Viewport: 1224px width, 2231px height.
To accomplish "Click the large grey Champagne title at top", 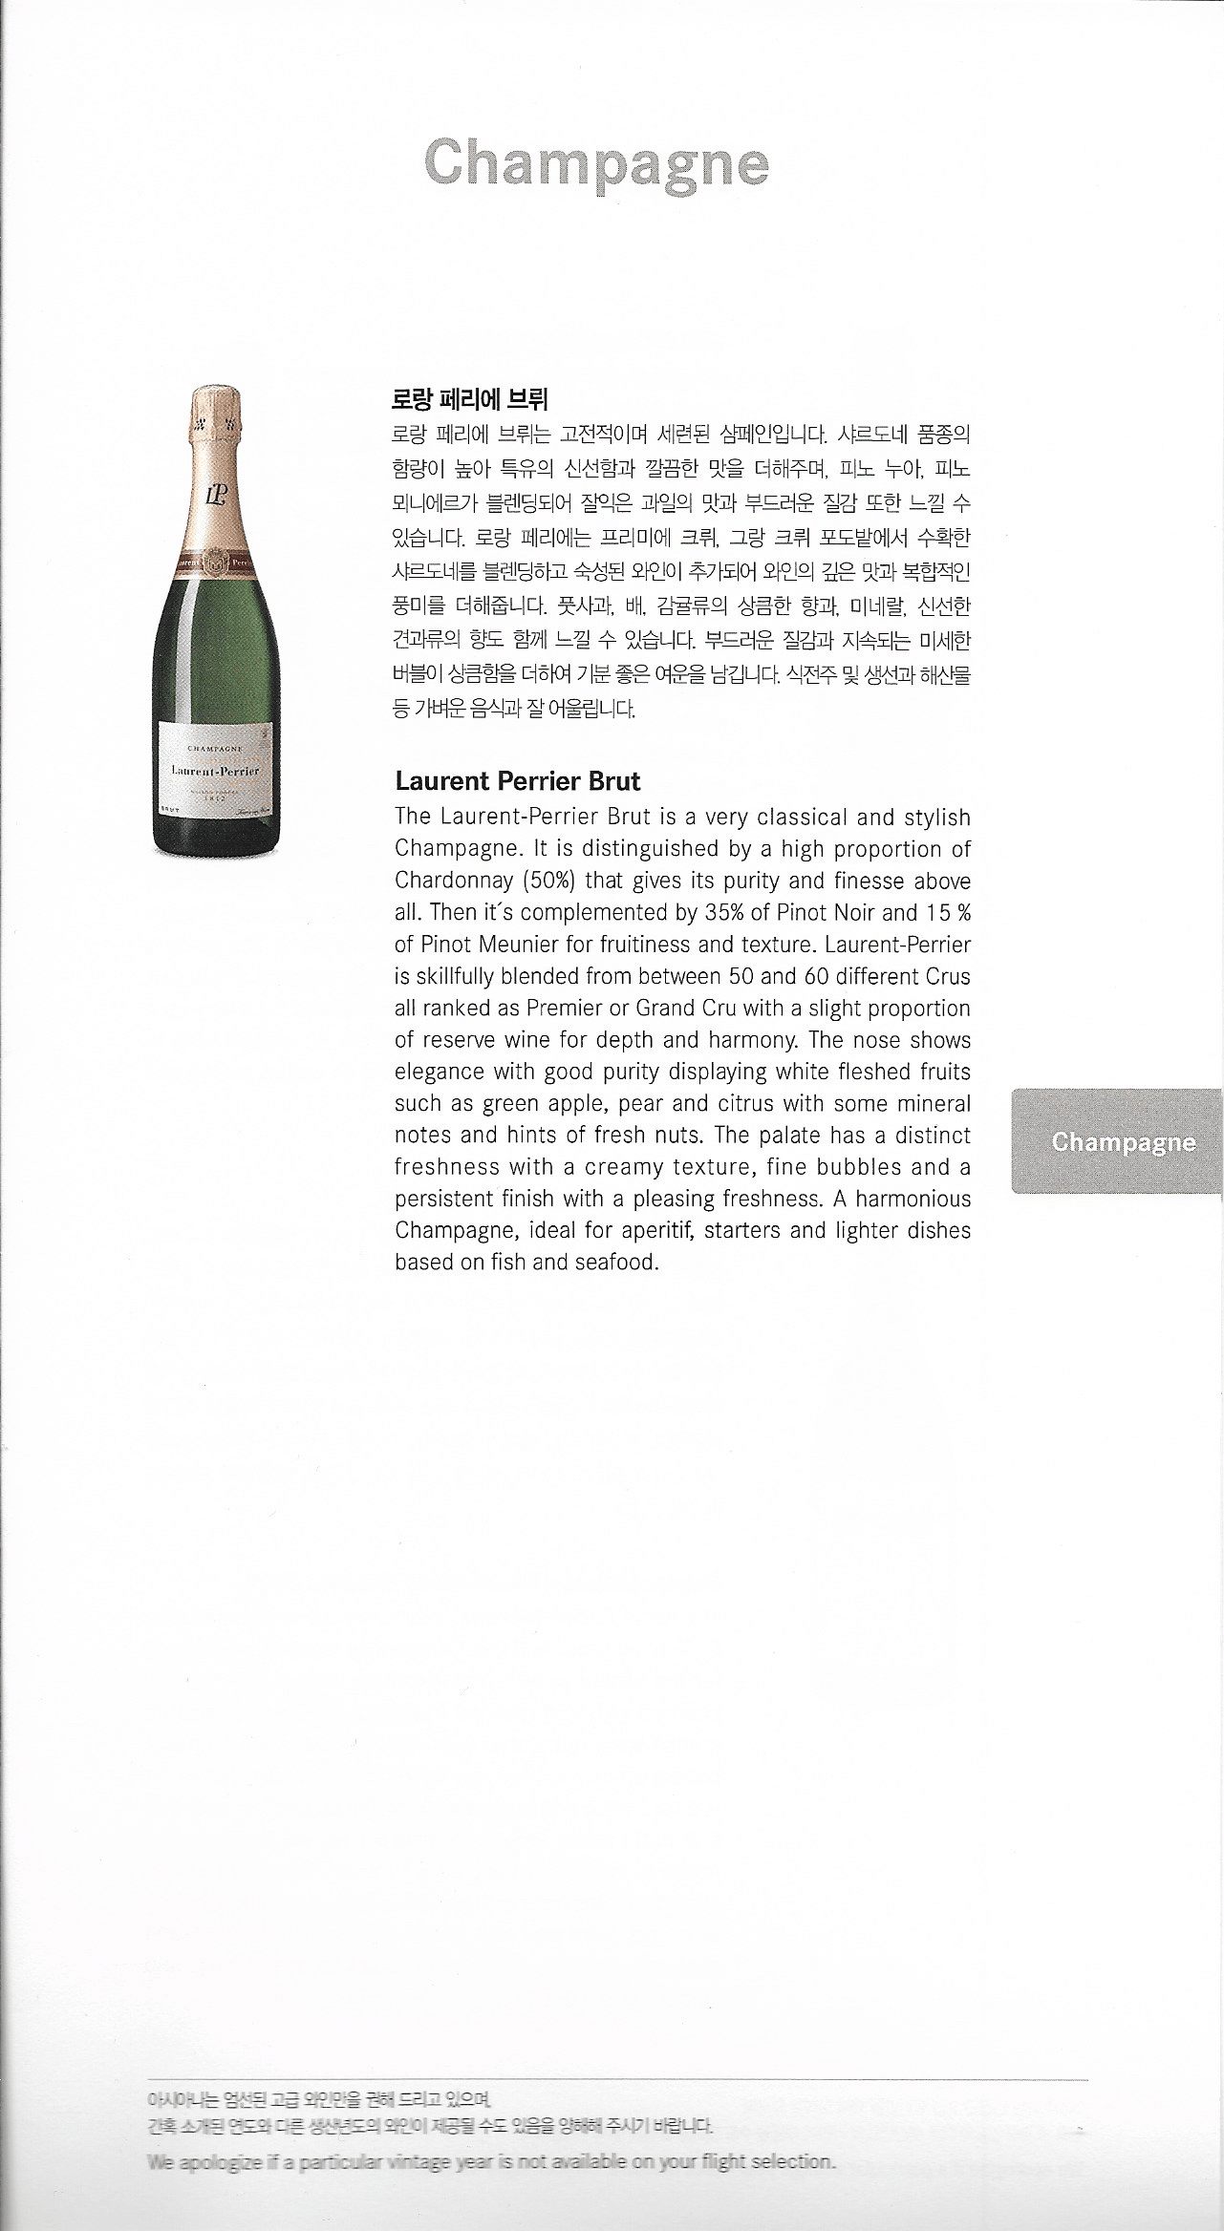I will click(595, 165).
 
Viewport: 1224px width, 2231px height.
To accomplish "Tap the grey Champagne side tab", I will click(1123, 1142).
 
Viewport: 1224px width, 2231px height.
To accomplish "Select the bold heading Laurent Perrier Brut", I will click(517, 781).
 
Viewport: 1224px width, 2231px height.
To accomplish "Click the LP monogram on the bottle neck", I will click(213, 494).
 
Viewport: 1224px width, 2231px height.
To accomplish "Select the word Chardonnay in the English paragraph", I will click(455, 881).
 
